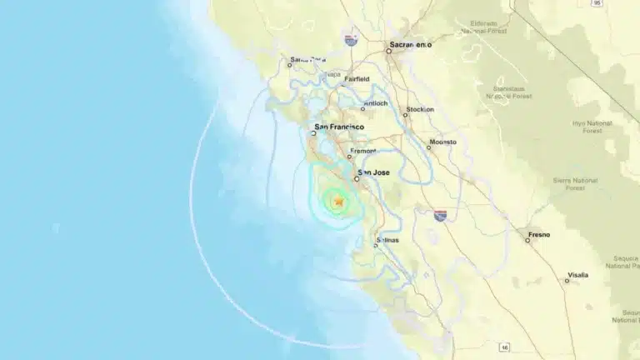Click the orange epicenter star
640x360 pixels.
click(x=337, y=201)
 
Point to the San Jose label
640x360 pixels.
click(x=373, y=172)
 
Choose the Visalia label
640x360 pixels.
click(x=577, y=274)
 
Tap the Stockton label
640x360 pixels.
click(x=420, y=109)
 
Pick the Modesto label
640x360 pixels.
click(x=442, y=142)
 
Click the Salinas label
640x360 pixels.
click(x=387, y=240)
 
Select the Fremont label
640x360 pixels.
click(x=363, y=151)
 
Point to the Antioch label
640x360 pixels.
click(x=375, y=103)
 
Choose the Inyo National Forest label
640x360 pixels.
click(x=592, y=127)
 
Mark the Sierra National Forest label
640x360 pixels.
click(x=575, y=183)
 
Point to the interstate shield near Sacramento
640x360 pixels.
click(x=351, y=39)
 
